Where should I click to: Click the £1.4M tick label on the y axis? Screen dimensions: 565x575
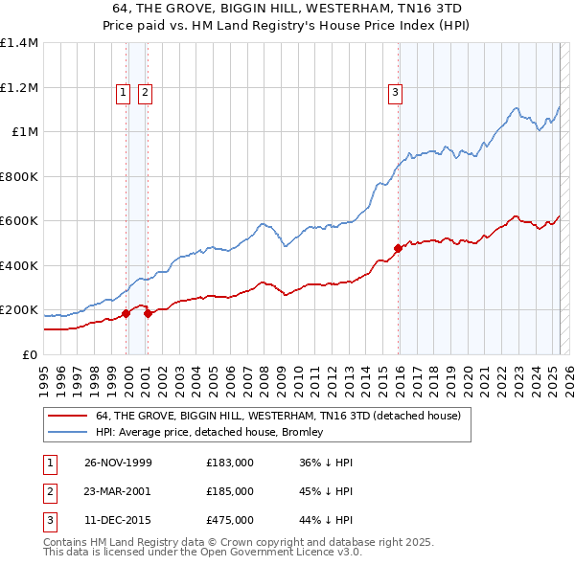pos(19,43)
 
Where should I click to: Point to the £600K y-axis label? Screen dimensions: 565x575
pos(19,221)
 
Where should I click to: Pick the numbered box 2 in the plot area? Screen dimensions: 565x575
pos(145,93)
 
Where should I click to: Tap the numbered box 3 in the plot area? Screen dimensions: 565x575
pos(394,93)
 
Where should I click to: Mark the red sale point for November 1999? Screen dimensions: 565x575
pos(126,313)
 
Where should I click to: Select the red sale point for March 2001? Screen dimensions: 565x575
pos(148,313)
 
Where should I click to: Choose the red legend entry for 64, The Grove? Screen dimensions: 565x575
pos(278,416)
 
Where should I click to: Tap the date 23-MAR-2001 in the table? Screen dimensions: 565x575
pos(118,490)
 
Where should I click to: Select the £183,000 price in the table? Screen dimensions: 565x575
pos(230,463)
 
